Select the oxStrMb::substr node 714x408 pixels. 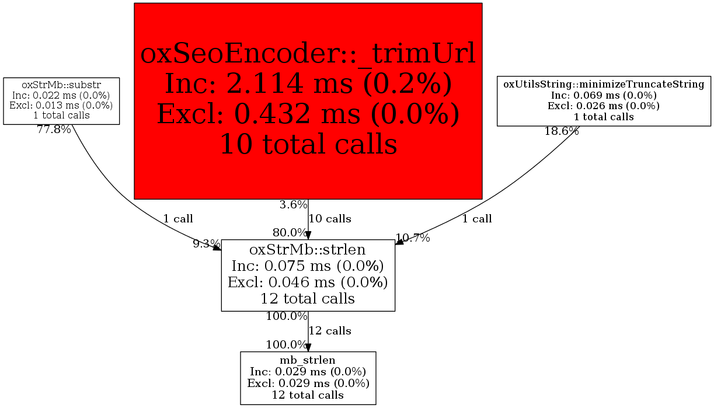point(61,101)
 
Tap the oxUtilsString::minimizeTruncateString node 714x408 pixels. point(604,100)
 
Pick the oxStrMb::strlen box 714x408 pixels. point(308,275)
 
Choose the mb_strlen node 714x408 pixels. point(308,378)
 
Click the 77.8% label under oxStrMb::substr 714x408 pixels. point(54,130)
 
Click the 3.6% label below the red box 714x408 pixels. point(293,205)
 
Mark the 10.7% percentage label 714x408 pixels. point(413,238)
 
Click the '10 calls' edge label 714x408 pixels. point(330,219)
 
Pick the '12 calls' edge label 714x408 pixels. point(330,331)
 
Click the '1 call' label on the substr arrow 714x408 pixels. point(177,219)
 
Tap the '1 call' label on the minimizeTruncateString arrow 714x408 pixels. point(477,219)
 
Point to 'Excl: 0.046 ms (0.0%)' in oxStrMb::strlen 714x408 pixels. point(308,283)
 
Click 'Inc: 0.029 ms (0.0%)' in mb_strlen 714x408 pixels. point(308,372)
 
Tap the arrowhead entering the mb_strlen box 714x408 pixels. point(308,347)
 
